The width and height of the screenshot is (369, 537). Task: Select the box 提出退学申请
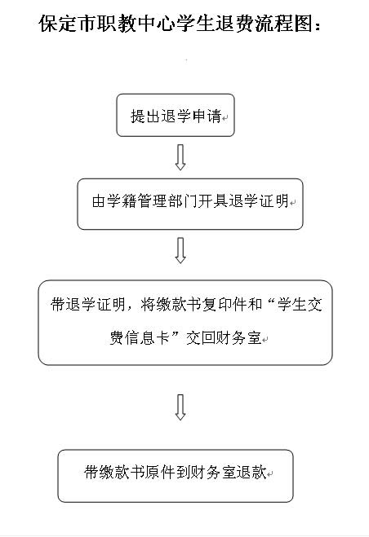tap(176, 115)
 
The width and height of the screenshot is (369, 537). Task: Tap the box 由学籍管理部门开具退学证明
tap(190, 204)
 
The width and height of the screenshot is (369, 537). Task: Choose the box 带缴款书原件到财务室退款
tap(176, 476)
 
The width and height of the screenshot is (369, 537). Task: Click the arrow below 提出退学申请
tap(180, 157)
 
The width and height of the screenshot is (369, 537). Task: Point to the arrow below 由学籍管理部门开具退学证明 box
tap(180, 250)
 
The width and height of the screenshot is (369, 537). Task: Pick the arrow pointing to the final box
tap(180, 407)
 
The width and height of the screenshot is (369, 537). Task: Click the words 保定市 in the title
tap(68, 24)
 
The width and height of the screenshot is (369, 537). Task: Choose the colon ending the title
tap(318, 26)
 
